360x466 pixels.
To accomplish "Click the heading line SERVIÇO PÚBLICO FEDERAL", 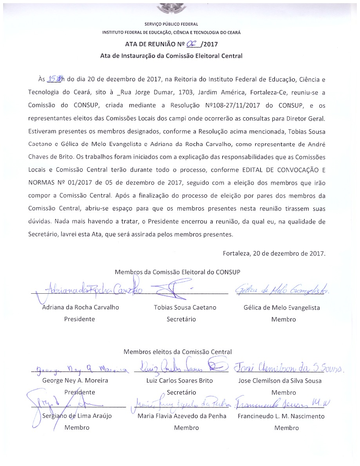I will [x=171, y=24].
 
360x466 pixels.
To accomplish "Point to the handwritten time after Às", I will [x=54, y=79].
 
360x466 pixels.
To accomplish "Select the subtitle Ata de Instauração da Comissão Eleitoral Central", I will [x=171, y=56].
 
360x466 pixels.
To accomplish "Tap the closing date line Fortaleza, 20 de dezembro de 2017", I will [x=274, y=253].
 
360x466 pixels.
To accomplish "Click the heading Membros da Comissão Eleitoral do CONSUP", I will [x=177, y=272].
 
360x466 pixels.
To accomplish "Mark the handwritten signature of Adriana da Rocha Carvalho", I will [x=92, y=291].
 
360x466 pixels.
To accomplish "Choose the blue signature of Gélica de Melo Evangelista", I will [x=282, y=290].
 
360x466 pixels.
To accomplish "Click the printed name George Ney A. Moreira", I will [x=75, y=380].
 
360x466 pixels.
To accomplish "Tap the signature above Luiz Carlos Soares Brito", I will [x=180, y=367].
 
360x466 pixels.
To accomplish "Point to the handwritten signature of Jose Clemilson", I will [x=288, y=367].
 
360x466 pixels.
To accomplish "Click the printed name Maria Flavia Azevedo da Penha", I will [x=182, y=416].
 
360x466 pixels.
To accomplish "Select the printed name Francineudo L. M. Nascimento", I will [x=281, y=416].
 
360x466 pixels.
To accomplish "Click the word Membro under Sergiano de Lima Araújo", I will [x=77, y=428].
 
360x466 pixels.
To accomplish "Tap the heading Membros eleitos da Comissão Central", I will [x=177, y=352].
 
